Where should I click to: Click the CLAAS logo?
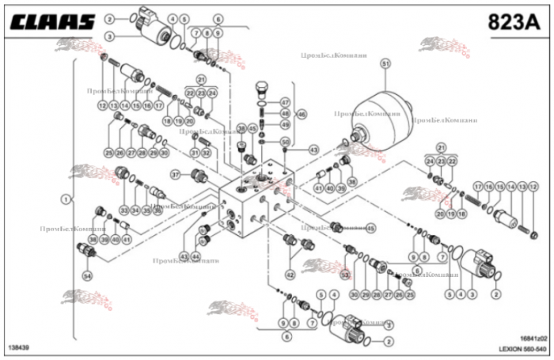52,21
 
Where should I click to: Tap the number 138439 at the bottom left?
19,347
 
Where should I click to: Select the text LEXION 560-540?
523,348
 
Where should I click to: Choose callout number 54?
87,275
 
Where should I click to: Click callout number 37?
176,174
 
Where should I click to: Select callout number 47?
285,102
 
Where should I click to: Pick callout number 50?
285,142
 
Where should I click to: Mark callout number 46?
301,114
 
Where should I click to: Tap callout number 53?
345,274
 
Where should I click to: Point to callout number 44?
195,256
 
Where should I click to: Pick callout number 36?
157,210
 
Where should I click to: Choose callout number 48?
285,114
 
